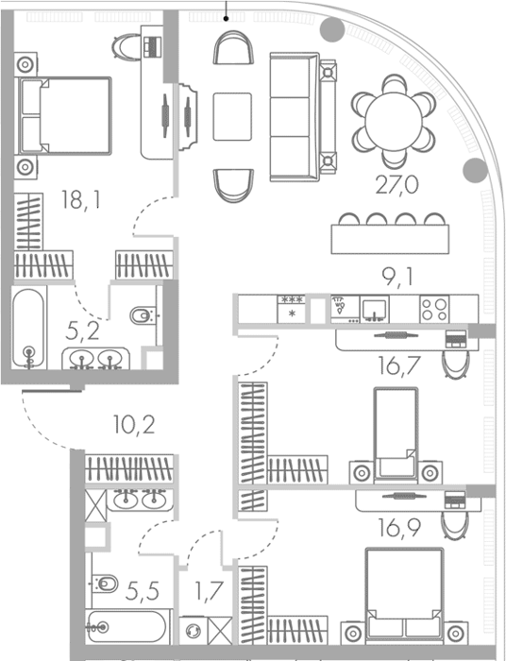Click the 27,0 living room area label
coord(396,185)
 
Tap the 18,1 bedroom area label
coord(81,199)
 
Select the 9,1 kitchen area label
coord(397,277)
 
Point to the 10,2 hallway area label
coord(134,425)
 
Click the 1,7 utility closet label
coord(209,590)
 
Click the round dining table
coord(394,122)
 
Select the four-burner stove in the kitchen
coord(434,310)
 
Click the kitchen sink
coord(374,310)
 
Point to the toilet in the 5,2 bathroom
coord(143,315)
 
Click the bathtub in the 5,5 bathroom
coord(127,627)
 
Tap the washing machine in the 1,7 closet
coord(194,631)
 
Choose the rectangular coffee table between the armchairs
coord(232,117)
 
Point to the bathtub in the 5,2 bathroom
coord(28,328)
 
